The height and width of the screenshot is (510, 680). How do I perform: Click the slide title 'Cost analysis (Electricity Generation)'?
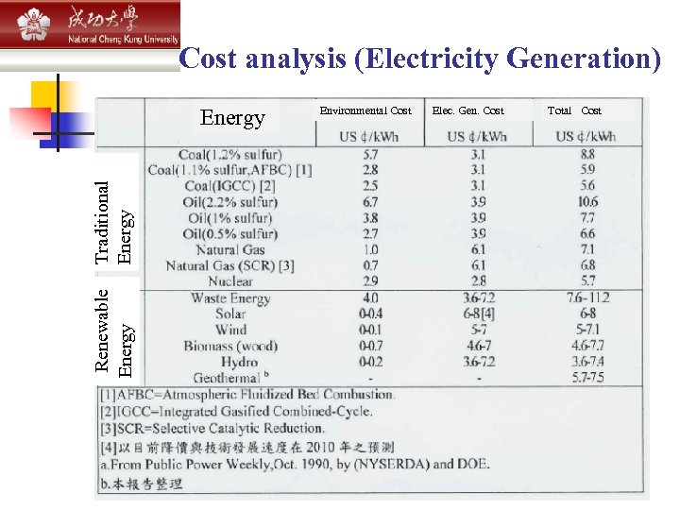420,59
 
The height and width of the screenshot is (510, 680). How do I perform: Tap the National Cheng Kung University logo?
90,25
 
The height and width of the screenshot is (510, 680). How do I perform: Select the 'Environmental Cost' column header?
365,110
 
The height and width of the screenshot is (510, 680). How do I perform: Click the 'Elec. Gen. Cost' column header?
467,110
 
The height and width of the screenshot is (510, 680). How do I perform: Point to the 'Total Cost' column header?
574,110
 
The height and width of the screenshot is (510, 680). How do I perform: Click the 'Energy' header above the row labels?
232,118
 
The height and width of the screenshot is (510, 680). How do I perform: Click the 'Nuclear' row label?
230,281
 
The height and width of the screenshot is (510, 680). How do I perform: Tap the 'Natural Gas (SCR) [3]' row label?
229,265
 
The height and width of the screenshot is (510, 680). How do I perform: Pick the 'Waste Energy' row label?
229,298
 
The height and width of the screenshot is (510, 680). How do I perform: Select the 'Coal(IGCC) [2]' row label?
230,186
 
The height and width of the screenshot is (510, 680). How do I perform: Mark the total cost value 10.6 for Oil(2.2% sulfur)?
587,202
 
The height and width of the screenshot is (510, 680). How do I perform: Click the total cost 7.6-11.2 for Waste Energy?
587,298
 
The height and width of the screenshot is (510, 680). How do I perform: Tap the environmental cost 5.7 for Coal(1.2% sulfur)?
369,154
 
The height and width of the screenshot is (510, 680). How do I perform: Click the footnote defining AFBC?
247,395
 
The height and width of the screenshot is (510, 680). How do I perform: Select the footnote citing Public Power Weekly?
294,464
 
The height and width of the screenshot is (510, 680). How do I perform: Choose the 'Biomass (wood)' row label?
230,346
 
